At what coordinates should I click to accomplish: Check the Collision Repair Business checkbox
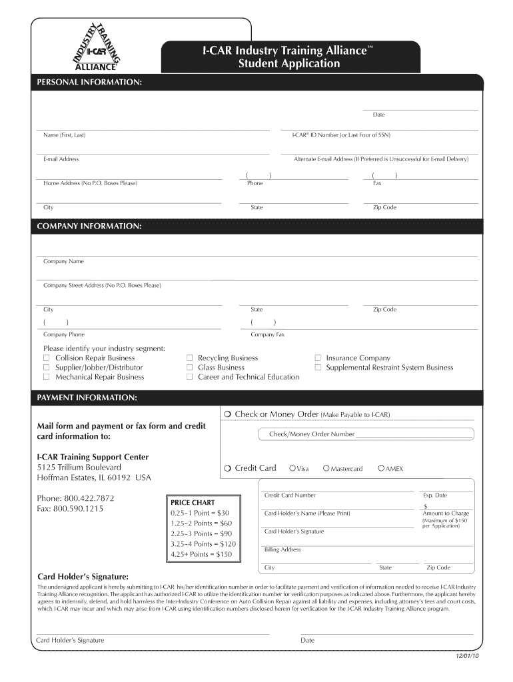47,358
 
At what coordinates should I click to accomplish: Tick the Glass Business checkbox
190,368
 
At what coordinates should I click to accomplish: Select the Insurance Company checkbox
318,358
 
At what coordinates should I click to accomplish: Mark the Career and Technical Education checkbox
190,377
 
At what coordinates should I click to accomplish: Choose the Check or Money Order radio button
228,415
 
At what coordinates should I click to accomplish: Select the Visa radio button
292,469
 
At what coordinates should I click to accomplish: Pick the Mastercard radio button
326,469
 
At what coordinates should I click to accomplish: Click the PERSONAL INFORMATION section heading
89,81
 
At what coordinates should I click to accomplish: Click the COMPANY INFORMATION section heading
89,226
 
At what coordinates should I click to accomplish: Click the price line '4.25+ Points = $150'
201,554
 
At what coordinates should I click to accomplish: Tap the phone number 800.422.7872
87,498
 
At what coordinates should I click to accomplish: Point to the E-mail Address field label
61,159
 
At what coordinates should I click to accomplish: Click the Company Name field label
63,262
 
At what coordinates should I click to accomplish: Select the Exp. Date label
435,496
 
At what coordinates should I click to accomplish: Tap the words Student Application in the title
288,64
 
